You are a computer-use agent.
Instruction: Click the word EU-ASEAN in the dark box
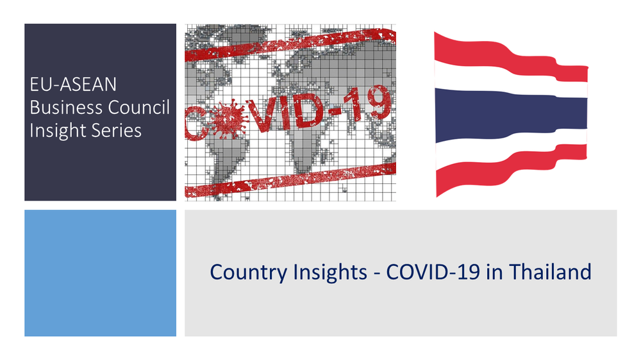click(x=73, y=85)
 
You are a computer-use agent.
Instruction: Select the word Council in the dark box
click(x=138, y=108)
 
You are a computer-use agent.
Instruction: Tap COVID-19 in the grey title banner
click(x=433, y=272)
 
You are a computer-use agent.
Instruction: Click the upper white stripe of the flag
click(x=511, y=80)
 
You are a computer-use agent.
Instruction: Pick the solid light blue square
click(x=100, y=273)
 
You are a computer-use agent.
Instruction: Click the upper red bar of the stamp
click(x=290, y=45)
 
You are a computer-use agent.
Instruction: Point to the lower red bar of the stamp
click(x=290, y=180)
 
